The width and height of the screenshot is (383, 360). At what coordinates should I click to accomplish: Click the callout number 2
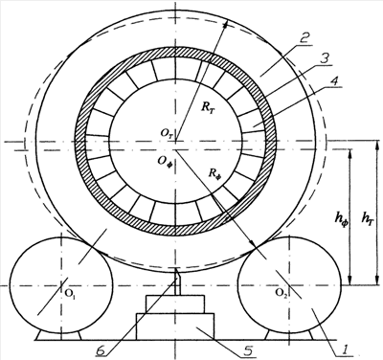coord(304,39)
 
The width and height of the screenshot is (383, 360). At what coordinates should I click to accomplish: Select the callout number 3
coord(325,59)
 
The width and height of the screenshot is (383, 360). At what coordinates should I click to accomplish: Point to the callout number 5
coord(247,350)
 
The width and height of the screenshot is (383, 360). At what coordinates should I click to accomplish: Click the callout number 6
coord(101,350)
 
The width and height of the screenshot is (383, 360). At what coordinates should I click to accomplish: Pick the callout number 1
coord(343,350)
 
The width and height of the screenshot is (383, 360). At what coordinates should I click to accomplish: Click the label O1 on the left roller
coord(70,293)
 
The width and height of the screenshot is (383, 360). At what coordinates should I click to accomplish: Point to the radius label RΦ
coord(214,173)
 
